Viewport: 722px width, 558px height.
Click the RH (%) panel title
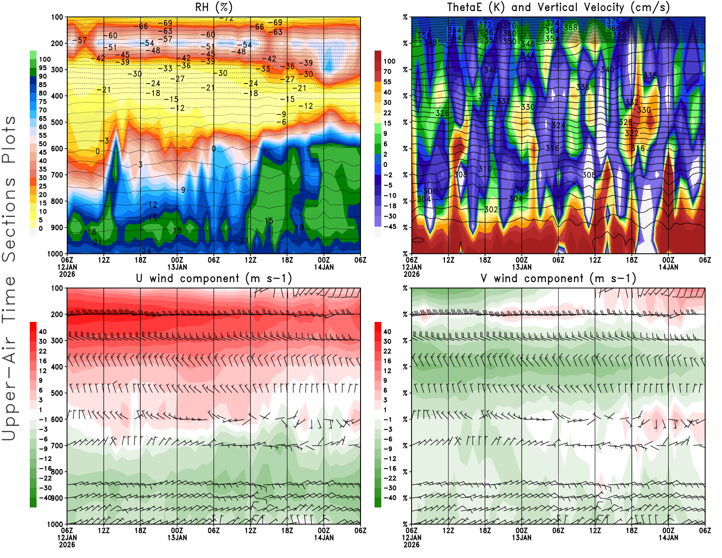[x=214, y=7]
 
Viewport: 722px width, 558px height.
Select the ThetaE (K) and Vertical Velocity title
[x=558, y=7]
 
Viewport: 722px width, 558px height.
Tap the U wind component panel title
[x=214, y=278]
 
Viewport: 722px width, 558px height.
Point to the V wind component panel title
[x=558, y=278]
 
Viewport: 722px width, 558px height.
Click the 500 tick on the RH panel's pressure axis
[x=57, y=122]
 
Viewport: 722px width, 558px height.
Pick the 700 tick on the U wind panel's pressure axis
[x=57, y=446]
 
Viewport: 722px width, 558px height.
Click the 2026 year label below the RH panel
[x=67, y=274]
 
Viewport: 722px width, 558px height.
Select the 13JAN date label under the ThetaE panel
[x=522, y=267]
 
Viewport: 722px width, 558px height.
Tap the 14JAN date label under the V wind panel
[x=668, y=538]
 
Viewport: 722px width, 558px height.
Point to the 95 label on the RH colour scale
[x=43, y=68]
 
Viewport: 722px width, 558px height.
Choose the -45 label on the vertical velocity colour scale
[x=389, y=227]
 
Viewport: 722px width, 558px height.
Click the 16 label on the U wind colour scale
[x=43, y=361]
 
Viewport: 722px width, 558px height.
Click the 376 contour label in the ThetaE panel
[x=613, y=21]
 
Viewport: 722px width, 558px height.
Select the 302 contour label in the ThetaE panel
[x=491, y=209]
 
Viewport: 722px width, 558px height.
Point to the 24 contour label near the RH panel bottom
[x=147, y=251]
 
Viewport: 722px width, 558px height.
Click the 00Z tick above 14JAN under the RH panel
[x=324, y=260]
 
